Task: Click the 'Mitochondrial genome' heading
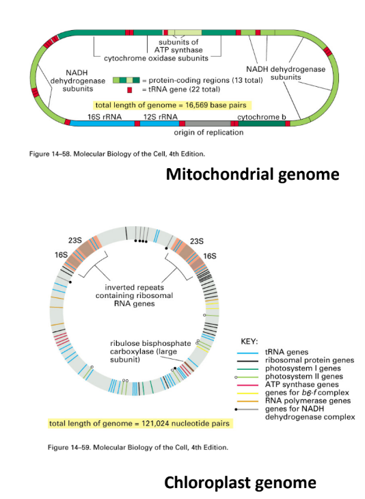tap(253, 174)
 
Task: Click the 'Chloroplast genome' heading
tap(240, 483)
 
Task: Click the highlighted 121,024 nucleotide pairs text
tap(139, 424)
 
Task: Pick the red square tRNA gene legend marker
tap(128, 90)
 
